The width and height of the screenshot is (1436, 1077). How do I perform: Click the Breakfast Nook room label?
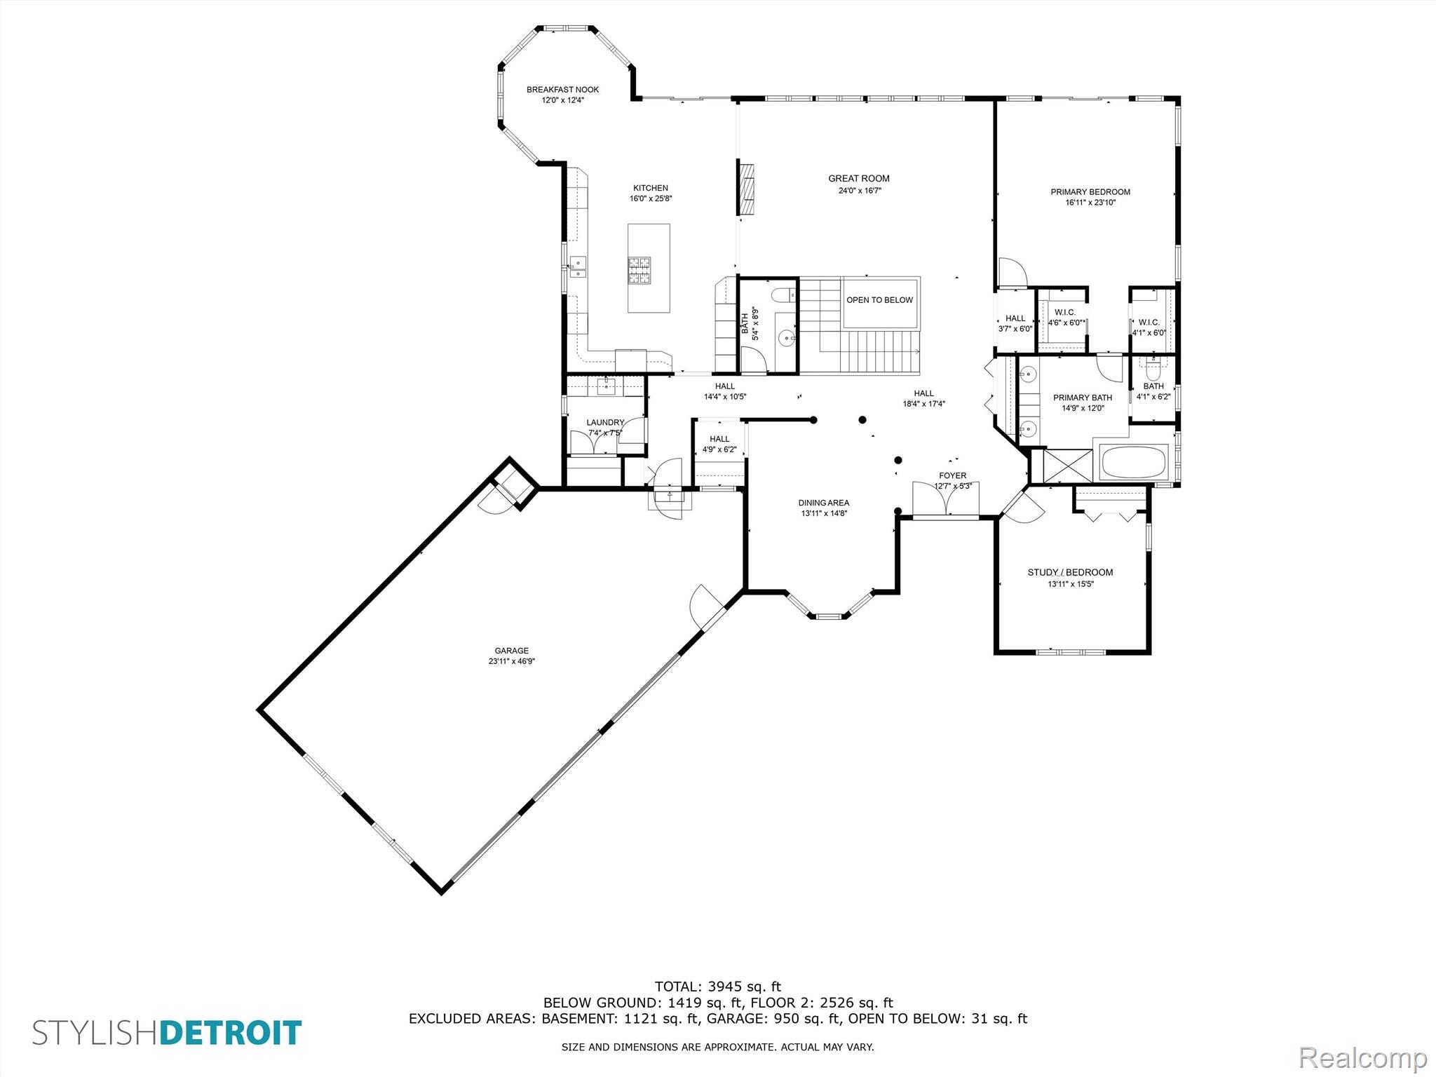pyautogui.click(x=562, y=90)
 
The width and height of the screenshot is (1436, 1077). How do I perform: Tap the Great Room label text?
pyautogui.click(x=859, y=179)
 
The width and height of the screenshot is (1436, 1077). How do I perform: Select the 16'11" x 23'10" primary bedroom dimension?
pyautogui.click(x=1090, y=203)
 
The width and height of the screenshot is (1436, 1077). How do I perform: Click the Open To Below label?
pyautogui.click(x=880, y=300)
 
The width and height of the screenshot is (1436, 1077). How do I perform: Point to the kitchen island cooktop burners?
pyautogui.click(x=639, y=270)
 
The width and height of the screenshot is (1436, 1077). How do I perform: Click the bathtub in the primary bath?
pyautogui.click(x=1134, y=462)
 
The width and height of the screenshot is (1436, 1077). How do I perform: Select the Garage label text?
pyautogui.click(x=512, y=651)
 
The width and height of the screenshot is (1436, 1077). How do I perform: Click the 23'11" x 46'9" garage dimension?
pyautogui.click(x=512, y=661)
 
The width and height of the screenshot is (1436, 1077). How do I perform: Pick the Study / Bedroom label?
pyautogui.click(x=1070, y=572)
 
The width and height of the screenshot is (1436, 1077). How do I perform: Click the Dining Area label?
pyautogui.click(x=824, y=503)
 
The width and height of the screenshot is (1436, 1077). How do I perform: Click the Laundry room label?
pyautogui.click(x=605, y=422)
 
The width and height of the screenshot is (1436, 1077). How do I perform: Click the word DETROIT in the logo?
pyautogui.click(x=231, y=1034)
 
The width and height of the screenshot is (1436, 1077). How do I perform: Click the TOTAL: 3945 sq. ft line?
pyautogui.click(x=718, y=987)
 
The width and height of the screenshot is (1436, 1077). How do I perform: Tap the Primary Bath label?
pyautogui.click(x=1083, y=398)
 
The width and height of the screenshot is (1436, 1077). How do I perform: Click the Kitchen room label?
pyautogui.click(x=651, y=188)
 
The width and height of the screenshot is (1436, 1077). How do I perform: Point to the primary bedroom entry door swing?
pyautogui.click(x=1012, y=273)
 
